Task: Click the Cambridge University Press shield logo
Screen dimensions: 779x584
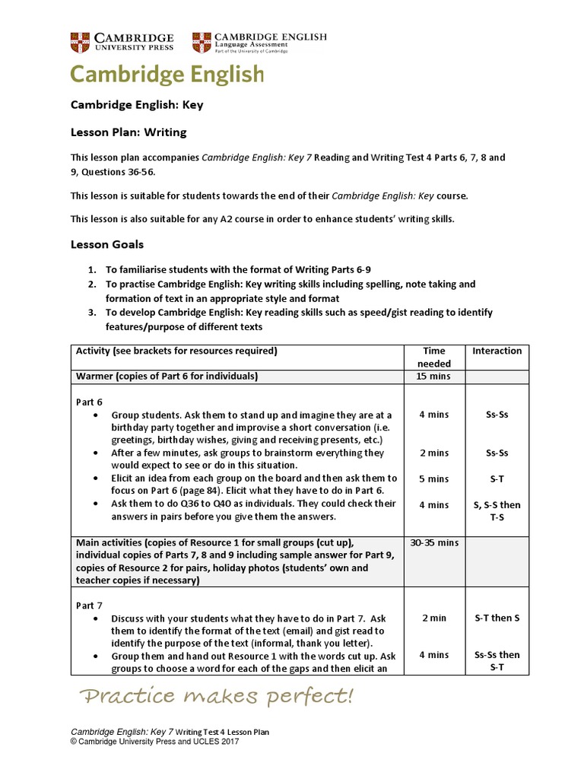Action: (x=80, y=42)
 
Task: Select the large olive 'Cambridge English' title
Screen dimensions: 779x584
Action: (x=167, y=74)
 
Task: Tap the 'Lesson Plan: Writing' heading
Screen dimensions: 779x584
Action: (x=129, y=132)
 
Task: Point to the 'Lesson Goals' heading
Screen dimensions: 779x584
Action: (x=107, y=244)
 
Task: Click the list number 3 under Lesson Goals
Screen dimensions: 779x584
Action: (x=91, y=313)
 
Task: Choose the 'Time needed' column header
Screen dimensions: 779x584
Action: (x=434, y=358)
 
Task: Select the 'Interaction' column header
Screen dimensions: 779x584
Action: (x=497, y=351)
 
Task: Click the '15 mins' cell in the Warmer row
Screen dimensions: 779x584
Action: (x=433, y=377)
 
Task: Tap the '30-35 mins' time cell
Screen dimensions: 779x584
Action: (x=433, y=542)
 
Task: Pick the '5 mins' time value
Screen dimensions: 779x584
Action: (x=433, y=479)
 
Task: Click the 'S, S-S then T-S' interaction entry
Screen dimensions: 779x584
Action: (x=497, y=511)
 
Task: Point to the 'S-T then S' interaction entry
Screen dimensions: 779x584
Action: (x=497, y=618)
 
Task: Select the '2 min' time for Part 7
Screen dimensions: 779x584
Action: (x=433, y=618)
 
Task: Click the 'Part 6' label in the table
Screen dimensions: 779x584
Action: (x=89, y=402)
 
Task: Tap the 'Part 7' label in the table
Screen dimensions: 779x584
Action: (x=89, y=606)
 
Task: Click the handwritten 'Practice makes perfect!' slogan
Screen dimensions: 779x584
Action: (x=217, y=696)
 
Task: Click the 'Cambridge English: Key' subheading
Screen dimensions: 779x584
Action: (x=137, y=105)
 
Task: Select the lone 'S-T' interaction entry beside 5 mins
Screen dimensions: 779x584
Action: (x=497, y=479)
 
